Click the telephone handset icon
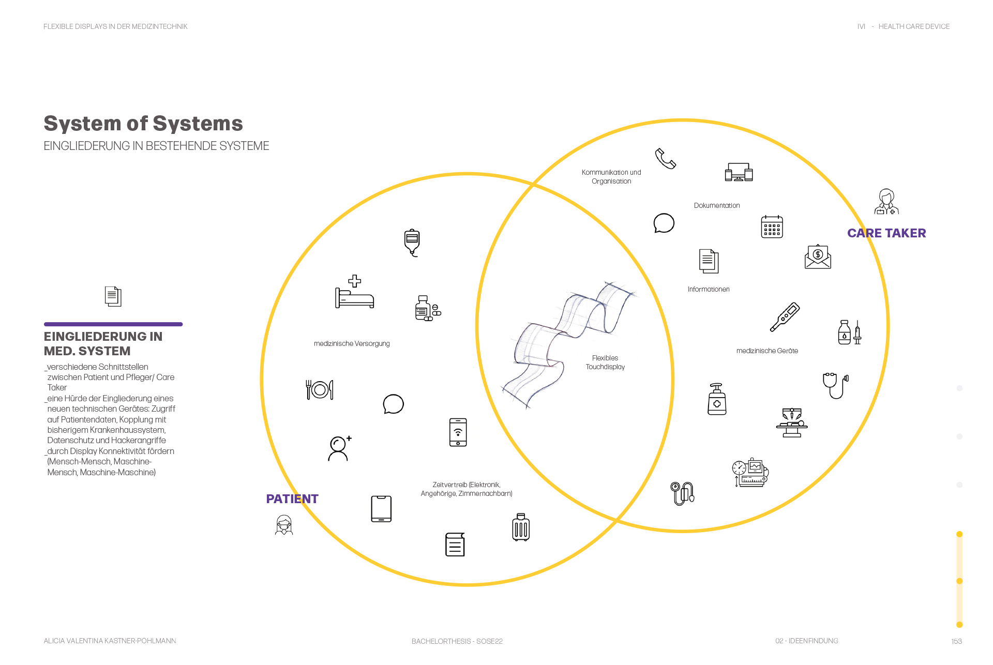(x=665, y=158)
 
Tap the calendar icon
(x=772, y=226)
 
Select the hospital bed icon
(x=354, y=292)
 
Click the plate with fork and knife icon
(x=320, y=389)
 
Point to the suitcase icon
(x=521, y=527)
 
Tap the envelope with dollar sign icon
(x=818, y=257)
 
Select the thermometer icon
(x=785, y=316)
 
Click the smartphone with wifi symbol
(x=458, y=432)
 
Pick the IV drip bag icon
(x=412, y=242)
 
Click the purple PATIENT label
(x=292, y=499)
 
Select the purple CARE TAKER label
(x=886, y=233)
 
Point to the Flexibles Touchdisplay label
(x=605, y=362)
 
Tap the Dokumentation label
(x=717, y=206)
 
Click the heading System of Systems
(x=143, y=124)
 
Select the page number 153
(x=956, y=641)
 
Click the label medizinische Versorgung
(x=352, y=344)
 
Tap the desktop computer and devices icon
(x=739, y=172)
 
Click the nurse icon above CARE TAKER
(x=886, y=202)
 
